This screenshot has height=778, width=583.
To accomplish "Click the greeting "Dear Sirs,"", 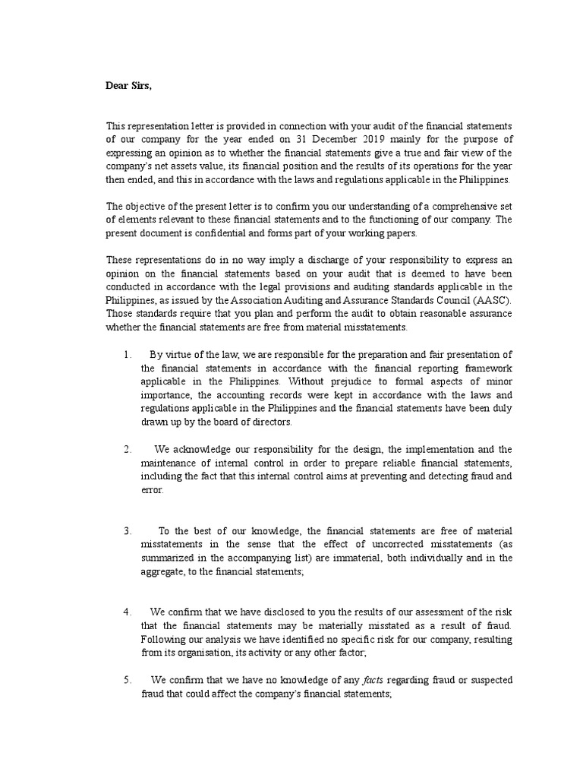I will [x=128, y=85].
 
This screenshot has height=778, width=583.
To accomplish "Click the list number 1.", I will [x=128, y=354].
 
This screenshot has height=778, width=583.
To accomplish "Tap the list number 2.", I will [x=128, y=449].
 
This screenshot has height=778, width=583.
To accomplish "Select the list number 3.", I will [x=128, y=530].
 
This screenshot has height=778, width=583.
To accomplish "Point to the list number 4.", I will [x=128, y=612].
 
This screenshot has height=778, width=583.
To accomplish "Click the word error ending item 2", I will [x=152, y=490].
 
